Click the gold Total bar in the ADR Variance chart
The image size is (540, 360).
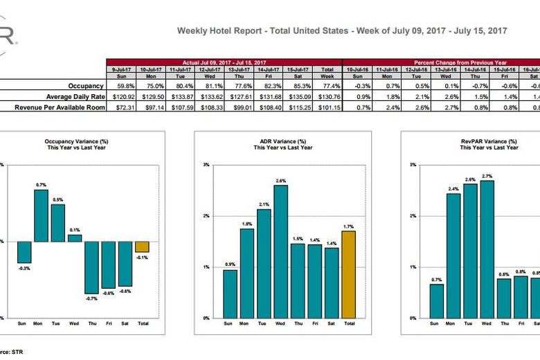pos(349,274)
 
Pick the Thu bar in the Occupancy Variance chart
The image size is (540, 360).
pos(92,267)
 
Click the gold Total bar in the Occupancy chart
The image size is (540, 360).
pos(142,247)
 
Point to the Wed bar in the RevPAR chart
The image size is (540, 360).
pos(487,249)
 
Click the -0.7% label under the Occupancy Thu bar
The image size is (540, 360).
pos(92,298)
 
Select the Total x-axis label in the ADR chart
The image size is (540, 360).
pos(350,323)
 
